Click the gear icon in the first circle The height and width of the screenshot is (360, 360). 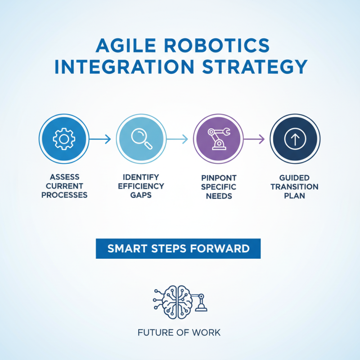(64, 139)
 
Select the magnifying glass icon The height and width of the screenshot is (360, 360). (141, 139)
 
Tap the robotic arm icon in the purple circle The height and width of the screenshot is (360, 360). (218, 139)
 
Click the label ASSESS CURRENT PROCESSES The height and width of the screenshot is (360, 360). (63, 186)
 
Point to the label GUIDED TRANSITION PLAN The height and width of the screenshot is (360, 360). (295, 186)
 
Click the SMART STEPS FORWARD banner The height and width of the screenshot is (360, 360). (178, 248)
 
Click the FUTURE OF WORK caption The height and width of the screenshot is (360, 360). (179, 333)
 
